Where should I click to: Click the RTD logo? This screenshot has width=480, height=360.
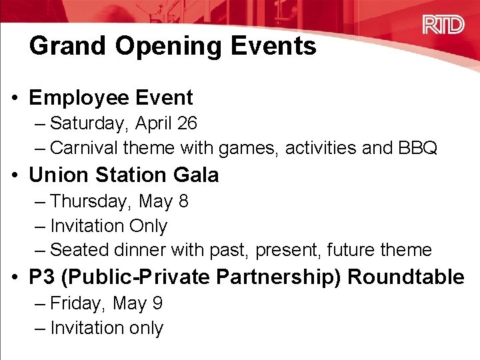point(443,25)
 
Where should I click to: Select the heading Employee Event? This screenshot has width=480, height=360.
point(111,97)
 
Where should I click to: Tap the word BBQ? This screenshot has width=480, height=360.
point(417,147)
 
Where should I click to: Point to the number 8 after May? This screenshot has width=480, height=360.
point(183,201)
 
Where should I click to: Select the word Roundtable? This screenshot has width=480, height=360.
point(406,277)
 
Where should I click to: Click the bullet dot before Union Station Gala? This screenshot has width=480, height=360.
point(14,175)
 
